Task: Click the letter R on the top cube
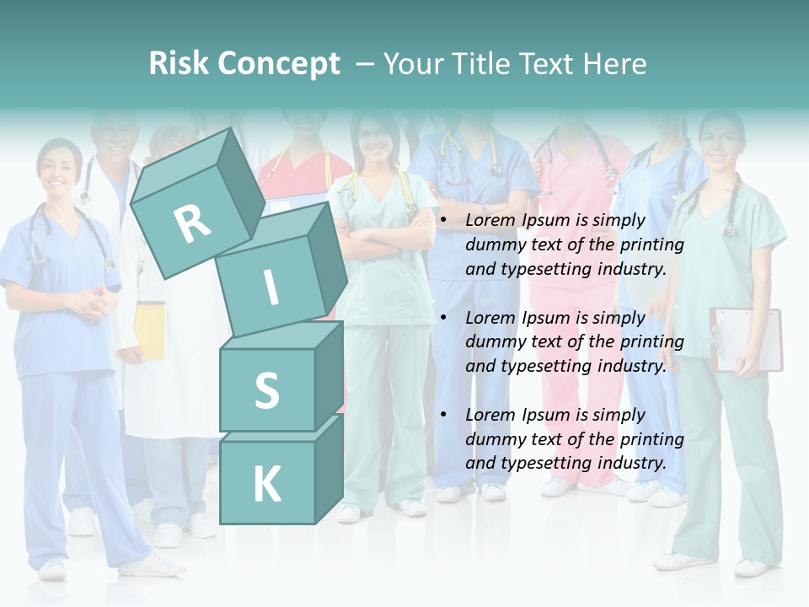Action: [x=193, y=223]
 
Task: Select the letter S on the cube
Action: [x=266, y=390]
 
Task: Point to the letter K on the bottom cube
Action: [x=266, y=485]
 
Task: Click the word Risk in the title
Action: [x=179, y=63]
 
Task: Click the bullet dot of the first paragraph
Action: [x=444, y=221]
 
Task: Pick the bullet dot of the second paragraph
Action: [x=444, y=318]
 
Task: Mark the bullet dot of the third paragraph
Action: [x=444, y=415]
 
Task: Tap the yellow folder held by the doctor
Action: [x=150, y=330]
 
